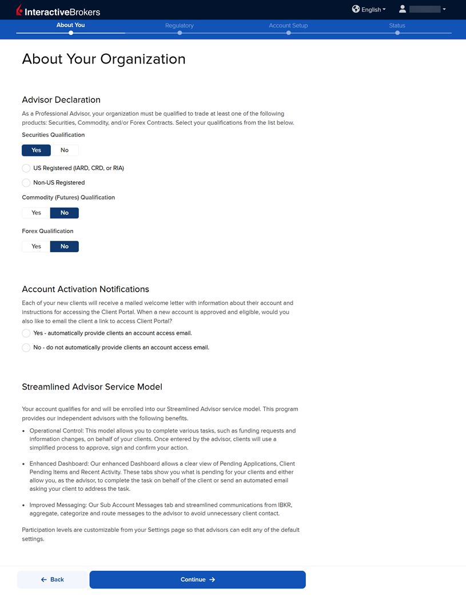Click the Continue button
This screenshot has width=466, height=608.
[197, 579]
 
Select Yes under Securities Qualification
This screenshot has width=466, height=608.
[36, 150]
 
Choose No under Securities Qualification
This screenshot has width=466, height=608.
[65, 150]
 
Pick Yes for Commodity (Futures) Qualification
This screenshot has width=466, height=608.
[36, 213]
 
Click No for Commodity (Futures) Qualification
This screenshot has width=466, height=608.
[65, 213]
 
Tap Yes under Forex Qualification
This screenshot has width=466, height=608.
[36, 247]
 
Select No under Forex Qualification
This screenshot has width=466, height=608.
[65, 247]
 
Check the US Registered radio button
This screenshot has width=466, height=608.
[26, 168]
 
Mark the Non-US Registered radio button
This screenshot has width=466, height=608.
[26, 183]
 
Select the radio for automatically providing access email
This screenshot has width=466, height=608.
[26, 333]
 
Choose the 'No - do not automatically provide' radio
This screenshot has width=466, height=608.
[26, 348]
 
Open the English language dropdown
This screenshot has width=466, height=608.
[369, 9]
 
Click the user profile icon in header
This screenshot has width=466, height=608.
[403, 9]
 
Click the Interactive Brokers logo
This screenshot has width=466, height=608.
[58, 11]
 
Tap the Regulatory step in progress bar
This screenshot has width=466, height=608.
[180, 26]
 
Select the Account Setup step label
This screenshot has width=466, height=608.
[288, 26]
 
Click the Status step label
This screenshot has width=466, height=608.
[397, 26]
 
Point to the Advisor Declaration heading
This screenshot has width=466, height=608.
[61, 100]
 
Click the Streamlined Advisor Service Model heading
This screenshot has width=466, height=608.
[92, 387]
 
